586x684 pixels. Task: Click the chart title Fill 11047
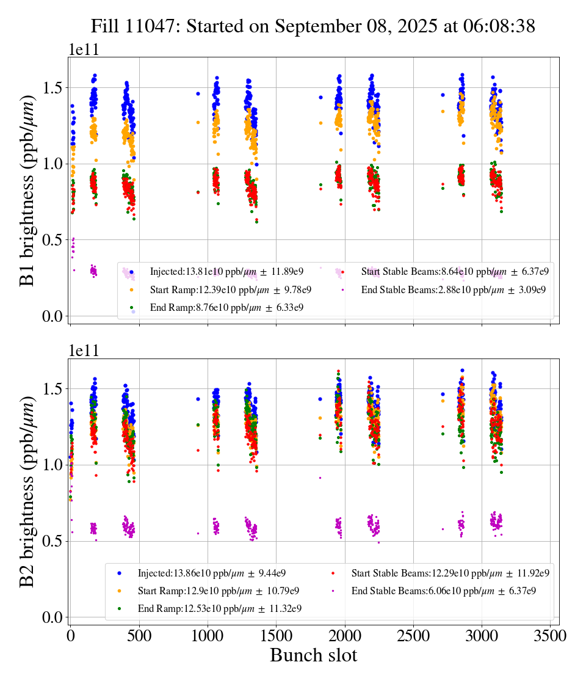tap(313, 26)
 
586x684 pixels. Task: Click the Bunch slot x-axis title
tap(313, 656)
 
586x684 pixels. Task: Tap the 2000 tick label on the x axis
tap(345, 636)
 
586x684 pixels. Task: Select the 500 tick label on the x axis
tap(139, 636)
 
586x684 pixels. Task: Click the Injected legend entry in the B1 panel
tap(226, 272)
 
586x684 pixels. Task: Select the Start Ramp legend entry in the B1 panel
tap(230, 289)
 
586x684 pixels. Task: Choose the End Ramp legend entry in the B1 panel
tap(226, 307)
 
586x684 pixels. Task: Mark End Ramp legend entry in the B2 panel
tap(219, 608)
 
